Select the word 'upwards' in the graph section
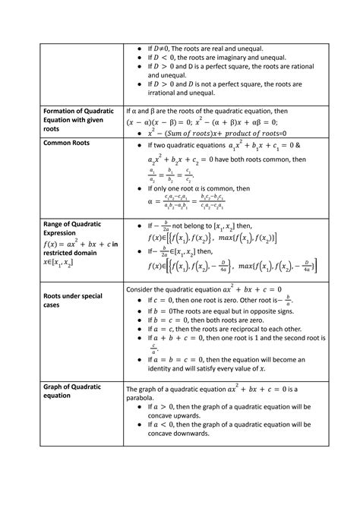pyautogui.click(x=184, y=418)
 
